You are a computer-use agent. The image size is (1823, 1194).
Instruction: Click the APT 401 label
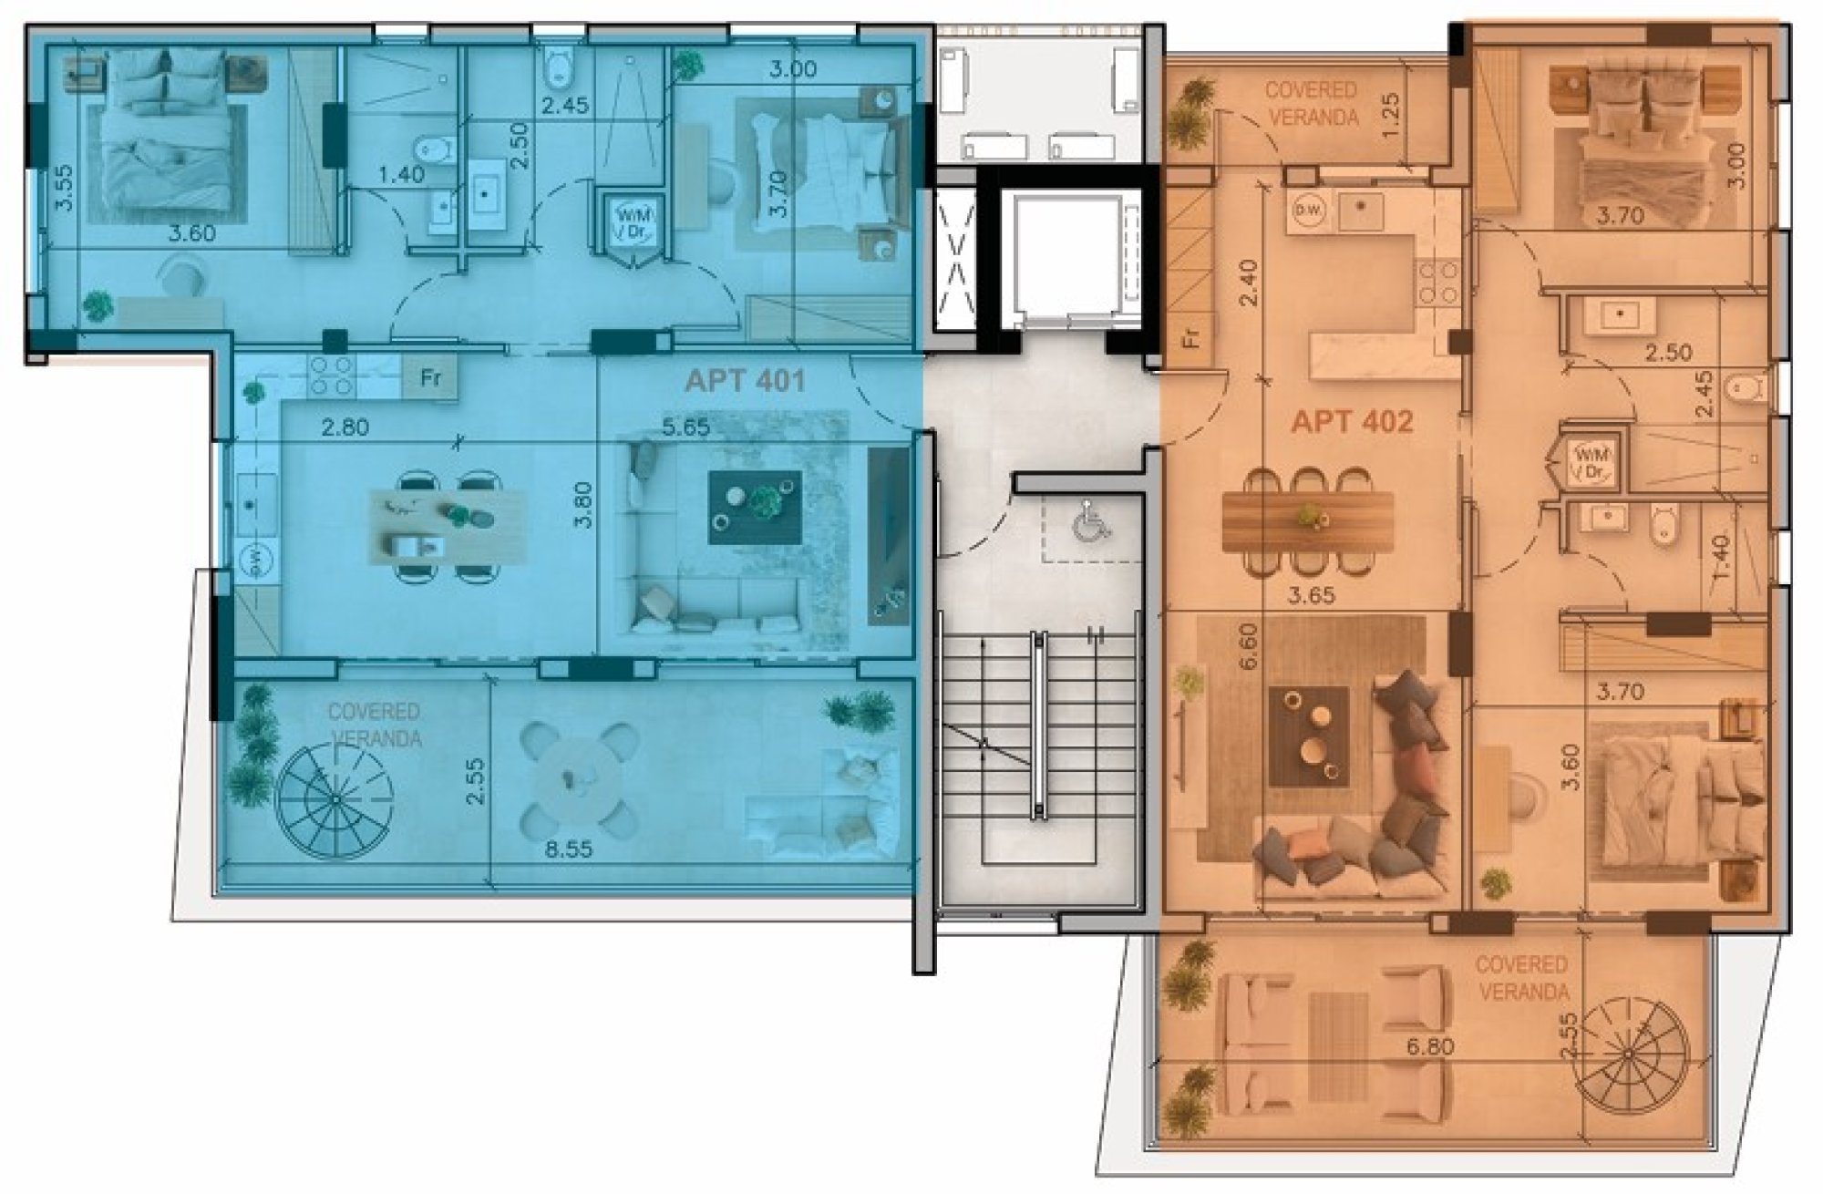coord(745,380)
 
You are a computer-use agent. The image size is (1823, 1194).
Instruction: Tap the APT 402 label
coord(1352,422)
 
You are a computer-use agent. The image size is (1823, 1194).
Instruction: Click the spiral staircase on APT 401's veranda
coord(335,799)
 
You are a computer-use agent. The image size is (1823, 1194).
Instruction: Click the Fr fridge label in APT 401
coord(429,376)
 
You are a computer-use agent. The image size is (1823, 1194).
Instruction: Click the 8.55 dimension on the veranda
coord(568,849)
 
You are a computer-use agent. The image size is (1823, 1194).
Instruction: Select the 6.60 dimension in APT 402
coord(1249,645)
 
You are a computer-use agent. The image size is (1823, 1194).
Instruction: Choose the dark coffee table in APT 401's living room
coord(756,507)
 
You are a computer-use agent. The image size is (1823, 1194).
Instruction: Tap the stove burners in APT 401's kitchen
coord(331,376)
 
